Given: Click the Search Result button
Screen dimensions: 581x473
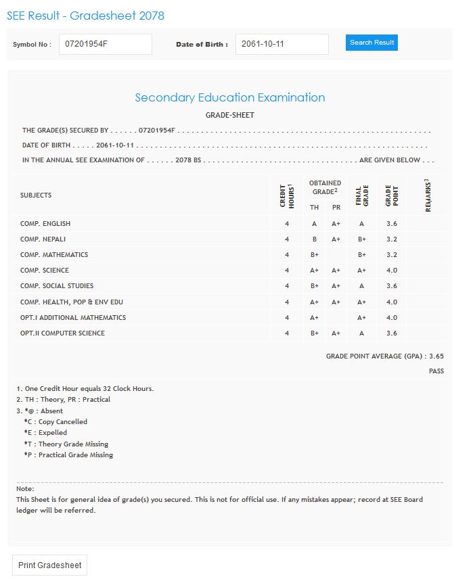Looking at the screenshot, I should pyautogui.click(x=371, y=43).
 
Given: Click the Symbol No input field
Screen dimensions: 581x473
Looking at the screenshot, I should pyautogui.click(x=105, y=45).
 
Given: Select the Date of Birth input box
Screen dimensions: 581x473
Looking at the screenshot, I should pyautogui.click(x=281, y=45).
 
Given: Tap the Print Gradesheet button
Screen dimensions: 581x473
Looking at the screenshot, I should pyautogui.click(x=50, y=565).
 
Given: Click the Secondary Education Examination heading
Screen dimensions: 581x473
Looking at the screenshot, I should pyautogui.click(x=230, y=97).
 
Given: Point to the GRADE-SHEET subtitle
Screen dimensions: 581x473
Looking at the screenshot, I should pyautogui.click(x=230, y=115).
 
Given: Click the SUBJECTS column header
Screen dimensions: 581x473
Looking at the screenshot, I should pyautogui.click(x=36, y=195).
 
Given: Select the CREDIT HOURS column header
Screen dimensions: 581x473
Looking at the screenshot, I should pyautogui.click(x=287, y=195).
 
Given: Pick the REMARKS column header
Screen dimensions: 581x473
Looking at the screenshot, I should pyautogui.click(x=428, y=195).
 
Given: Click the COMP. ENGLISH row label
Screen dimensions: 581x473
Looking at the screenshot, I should pyautogui.click(x=45, y=224).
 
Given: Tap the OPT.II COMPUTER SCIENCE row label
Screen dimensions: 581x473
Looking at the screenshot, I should pyautogui.click(x=62, y=333).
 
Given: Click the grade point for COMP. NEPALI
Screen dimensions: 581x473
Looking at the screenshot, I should pyautogui.click(x=392, y=239).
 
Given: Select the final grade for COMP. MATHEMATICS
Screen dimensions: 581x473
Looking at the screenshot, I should pyautogui.click(x=362, y=255).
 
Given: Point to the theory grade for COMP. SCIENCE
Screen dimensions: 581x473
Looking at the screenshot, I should pyautogui.click(x=314, y=271).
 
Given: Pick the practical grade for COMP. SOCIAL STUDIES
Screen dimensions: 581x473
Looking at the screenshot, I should pyautogui.click(x=336, y=286).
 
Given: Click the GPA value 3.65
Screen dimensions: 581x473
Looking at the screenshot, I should pyautogui.click(x=436, y=356).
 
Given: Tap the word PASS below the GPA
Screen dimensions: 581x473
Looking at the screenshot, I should pyautogui.click(x=436, y=371).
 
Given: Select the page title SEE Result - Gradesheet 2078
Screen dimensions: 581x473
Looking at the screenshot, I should pyautogui.click(x=85, y=16).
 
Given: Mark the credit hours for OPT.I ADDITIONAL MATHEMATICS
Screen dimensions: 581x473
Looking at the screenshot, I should pyautogui.click(x=287, y=318).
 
